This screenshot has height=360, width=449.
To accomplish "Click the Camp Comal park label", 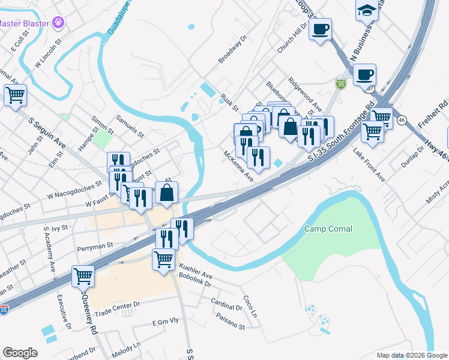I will coord(328,229).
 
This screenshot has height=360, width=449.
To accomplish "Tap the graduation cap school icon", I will coord(366,11).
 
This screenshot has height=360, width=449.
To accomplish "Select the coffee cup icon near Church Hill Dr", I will coord(321,28).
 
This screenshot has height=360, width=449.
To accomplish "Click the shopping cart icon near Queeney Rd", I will coord(83,276).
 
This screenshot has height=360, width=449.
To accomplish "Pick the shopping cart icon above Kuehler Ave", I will coord(164,259).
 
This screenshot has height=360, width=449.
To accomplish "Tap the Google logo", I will coord(20,353).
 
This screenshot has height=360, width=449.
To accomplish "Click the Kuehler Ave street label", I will coord(196,274).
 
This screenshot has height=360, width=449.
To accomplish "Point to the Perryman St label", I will coord(95,246).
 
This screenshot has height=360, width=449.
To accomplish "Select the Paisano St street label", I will coord(231,324).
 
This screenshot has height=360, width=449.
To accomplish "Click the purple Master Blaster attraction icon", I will coord(58,23).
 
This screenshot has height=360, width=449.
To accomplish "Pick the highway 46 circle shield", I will coord(402,119).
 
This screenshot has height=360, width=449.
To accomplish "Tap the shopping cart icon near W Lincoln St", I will coord(15,94).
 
